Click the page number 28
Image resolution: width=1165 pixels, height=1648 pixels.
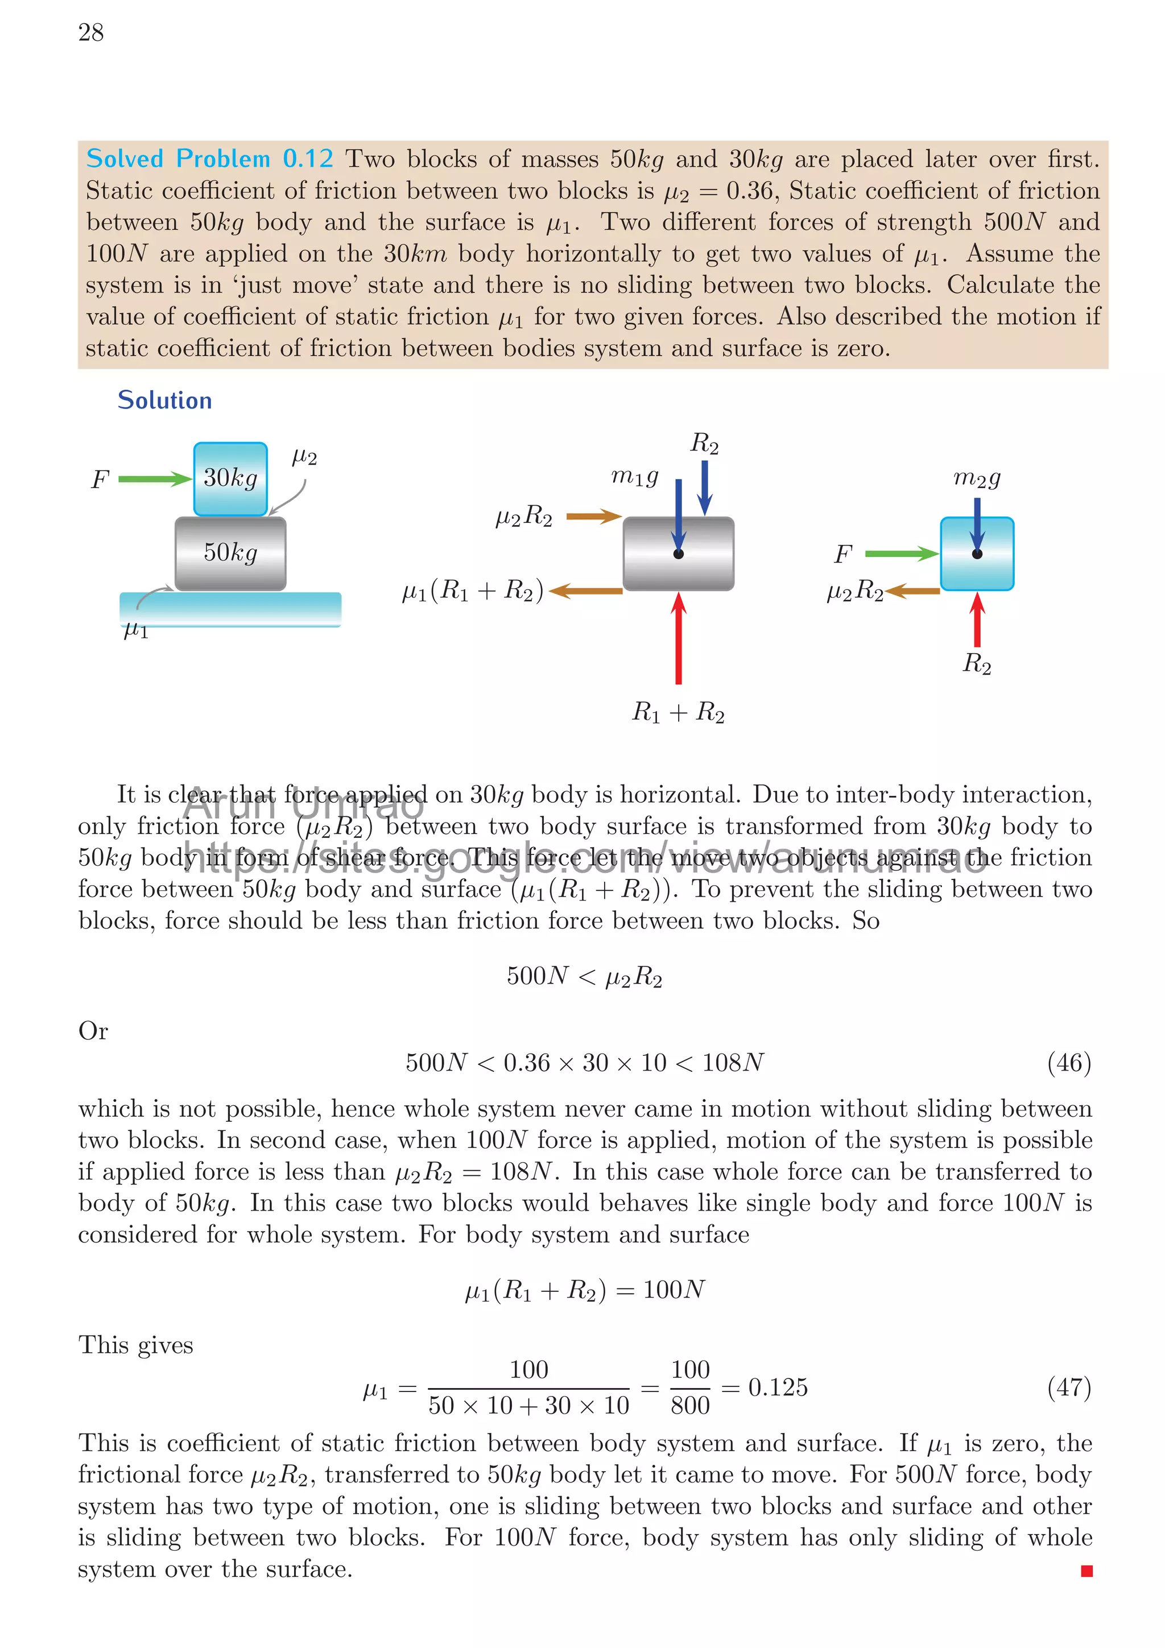(x=91, y=32)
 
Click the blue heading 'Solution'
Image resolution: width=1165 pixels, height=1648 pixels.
(x=164, y=400)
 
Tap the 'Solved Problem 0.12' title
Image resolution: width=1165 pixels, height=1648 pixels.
(x=209, y=159)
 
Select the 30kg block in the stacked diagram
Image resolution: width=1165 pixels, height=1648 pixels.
(x=230, y=478)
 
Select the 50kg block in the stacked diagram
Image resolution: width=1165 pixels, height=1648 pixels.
(x=230, y=553)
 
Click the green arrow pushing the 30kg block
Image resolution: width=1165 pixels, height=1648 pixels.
(x=154, y=479)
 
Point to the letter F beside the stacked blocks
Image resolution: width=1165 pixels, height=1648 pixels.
(x=100, y=480)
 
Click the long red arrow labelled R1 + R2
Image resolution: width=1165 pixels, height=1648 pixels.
(x=678, y=638)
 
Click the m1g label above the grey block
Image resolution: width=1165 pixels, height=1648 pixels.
(x=634, y=476)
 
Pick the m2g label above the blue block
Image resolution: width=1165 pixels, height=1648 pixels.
(x=976, y=477)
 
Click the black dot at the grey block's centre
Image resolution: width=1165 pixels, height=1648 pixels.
(x=678, y=554)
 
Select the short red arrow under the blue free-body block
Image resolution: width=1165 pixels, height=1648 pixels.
(x=977, y=620)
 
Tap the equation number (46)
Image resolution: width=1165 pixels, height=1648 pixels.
(x=1069, y=1062)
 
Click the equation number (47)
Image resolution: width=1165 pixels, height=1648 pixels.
(x=1069, y=1387)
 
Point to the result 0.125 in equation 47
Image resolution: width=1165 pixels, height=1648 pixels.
(x=778, y=1387)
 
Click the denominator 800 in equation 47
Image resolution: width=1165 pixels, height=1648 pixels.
(x=690, y=1405)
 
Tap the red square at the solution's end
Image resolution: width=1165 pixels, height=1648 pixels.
(x=1086, y=1571)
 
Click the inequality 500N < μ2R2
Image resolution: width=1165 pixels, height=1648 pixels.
(x=584, y=976)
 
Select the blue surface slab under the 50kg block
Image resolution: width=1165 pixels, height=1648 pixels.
(x=230, y=609)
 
